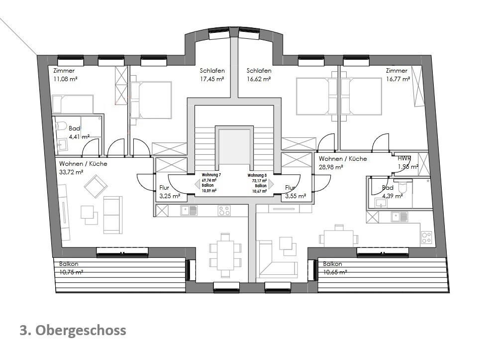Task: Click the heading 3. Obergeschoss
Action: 73,331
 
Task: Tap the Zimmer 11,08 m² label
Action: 65,75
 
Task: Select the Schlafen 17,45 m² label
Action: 212,75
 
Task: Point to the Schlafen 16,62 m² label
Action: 259,75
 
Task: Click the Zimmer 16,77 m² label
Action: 397,75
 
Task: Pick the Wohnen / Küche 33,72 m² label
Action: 83,168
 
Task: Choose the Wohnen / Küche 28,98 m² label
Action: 343,163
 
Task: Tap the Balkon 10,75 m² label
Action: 71,268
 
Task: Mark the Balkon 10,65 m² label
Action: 335,268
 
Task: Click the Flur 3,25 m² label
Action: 170,192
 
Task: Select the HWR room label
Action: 404,158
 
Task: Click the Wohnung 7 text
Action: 211,175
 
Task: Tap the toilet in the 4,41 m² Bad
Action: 61,126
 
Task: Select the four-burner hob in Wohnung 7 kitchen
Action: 224,210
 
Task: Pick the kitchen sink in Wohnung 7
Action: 189,210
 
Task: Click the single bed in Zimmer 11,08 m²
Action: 73,104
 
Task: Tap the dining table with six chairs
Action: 225,254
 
